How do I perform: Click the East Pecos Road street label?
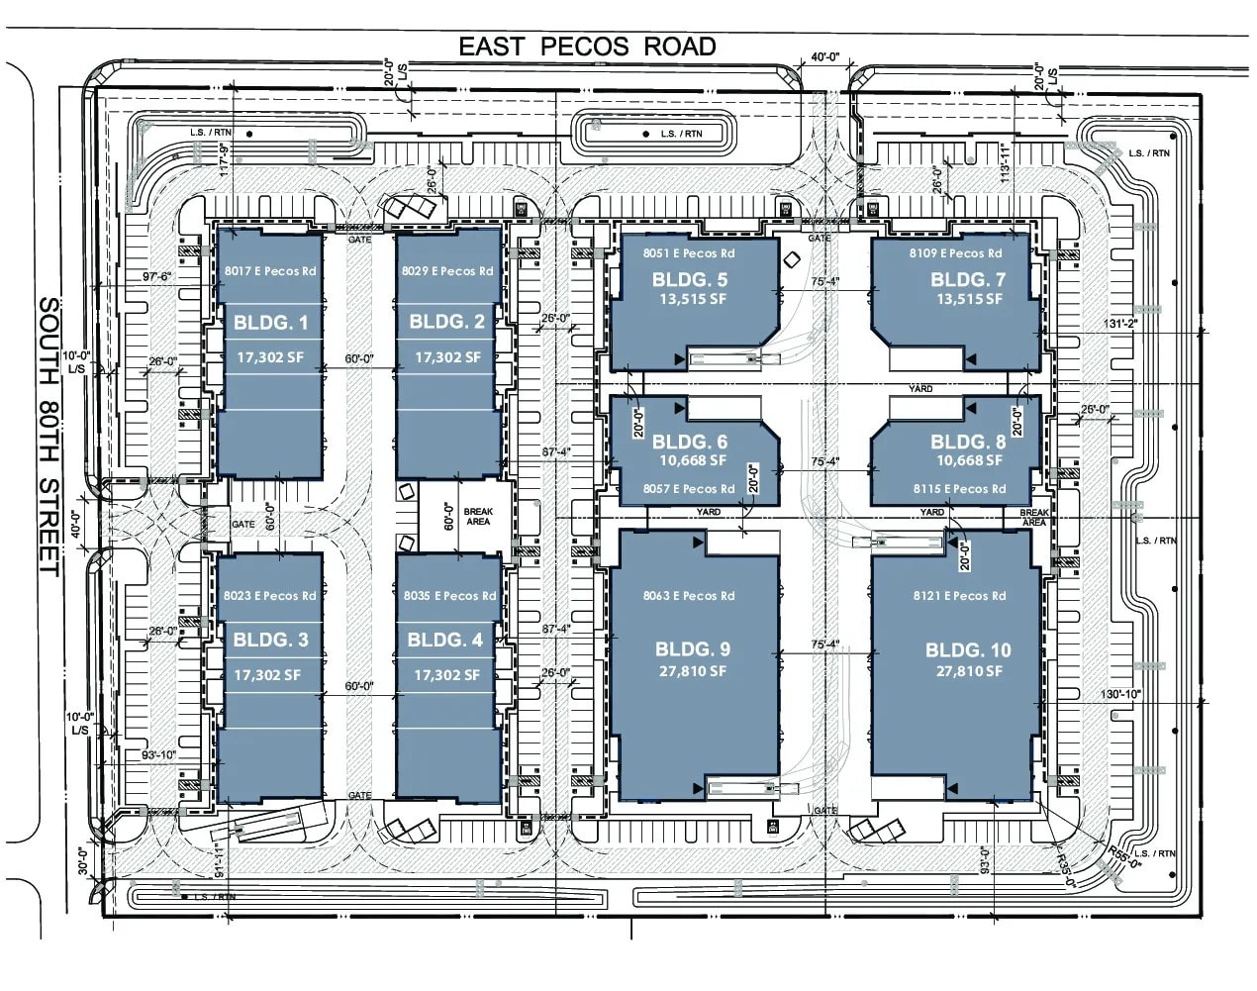coord(587,47)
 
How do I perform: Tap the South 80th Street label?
coord(49,436)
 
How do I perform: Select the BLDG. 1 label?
coord(270,322)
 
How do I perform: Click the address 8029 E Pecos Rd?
coord(447,270)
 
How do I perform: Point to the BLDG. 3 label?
coord(270,640)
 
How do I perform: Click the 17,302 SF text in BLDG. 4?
coord(447,675)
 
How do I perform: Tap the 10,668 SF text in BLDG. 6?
coord(693,460)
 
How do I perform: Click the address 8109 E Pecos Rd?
coord(955,253)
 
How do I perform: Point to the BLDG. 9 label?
coord(693,649)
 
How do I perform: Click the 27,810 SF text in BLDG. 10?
coord(969,671)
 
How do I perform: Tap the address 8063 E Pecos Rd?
coord(689,596)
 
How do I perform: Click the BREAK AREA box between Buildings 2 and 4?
coord(478,517)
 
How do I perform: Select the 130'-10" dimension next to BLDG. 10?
coord(1119,694)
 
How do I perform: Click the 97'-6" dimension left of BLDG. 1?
coord(156,277)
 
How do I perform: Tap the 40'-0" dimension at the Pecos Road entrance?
coord(824,57)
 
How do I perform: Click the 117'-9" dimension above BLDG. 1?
coord(225,159)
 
